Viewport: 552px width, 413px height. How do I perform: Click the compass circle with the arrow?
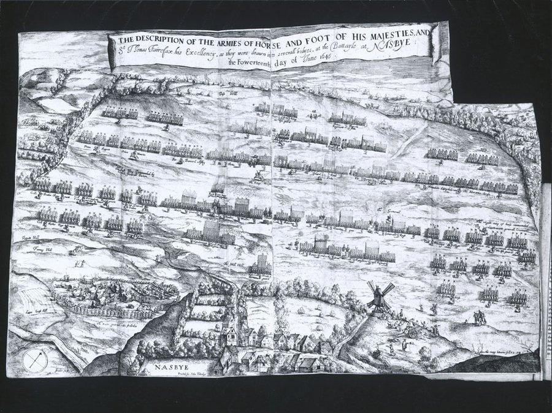click(35, 360)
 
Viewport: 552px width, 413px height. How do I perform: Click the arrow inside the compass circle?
click(35, 359)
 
